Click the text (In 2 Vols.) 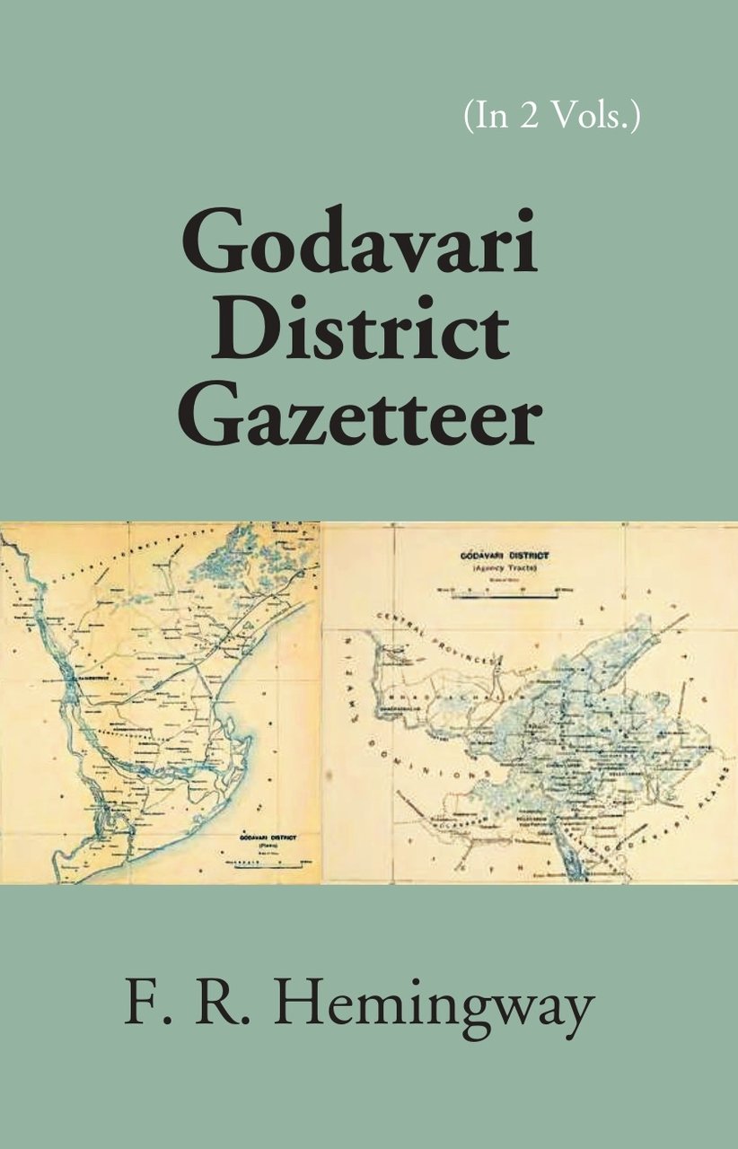coord(552,118)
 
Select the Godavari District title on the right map coord(505,556)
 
